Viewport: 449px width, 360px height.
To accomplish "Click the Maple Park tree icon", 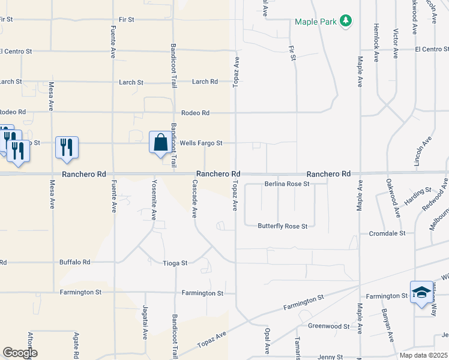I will (345, 22).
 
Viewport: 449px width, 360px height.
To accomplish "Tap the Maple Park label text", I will (315, 22).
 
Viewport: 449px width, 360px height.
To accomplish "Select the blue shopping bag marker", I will (160, 143).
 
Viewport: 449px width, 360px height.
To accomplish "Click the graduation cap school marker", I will (421, 292).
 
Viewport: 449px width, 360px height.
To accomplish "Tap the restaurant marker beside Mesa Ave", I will (66, 147).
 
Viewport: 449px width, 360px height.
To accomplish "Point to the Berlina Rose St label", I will (287, 184).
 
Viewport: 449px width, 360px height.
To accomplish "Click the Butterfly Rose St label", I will (282, 226).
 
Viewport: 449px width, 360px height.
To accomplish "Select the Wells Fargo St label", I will (202, 143).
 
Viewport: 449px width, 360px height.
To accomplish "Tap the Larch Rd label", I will (205, 82).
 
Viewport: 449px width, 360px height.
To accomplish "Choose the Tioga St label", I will (176, 263).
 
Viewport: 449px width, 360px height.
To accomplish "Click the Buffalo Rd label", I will (74, 262).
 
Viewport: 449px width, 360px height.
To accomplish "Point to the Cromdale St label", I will (387, 233).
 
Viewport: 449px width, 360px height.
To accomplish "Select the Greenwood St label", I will (329, 326).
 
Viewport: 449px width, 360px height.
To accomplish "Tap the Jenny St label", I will (330, 356).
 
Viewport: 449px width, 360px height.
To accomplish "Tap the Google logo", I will (20, 353).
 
